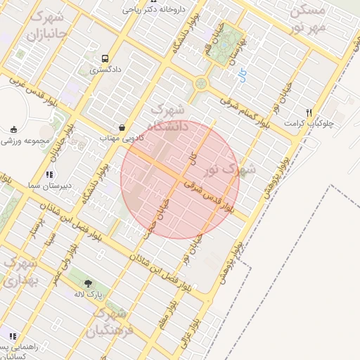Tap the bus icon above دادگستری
(x=105, y=59)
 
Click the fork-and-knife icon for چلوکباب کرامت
(x=308, y=112)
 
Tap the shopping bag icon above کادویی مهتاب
(x=123, y=128)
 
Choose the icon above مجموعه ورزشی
(x=13, y=129)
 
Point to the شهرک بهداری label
(x=19, y=271)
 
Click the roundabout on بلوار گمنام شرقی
(x=202, y=84)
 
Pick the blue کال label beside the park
(x=243, y=72)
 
